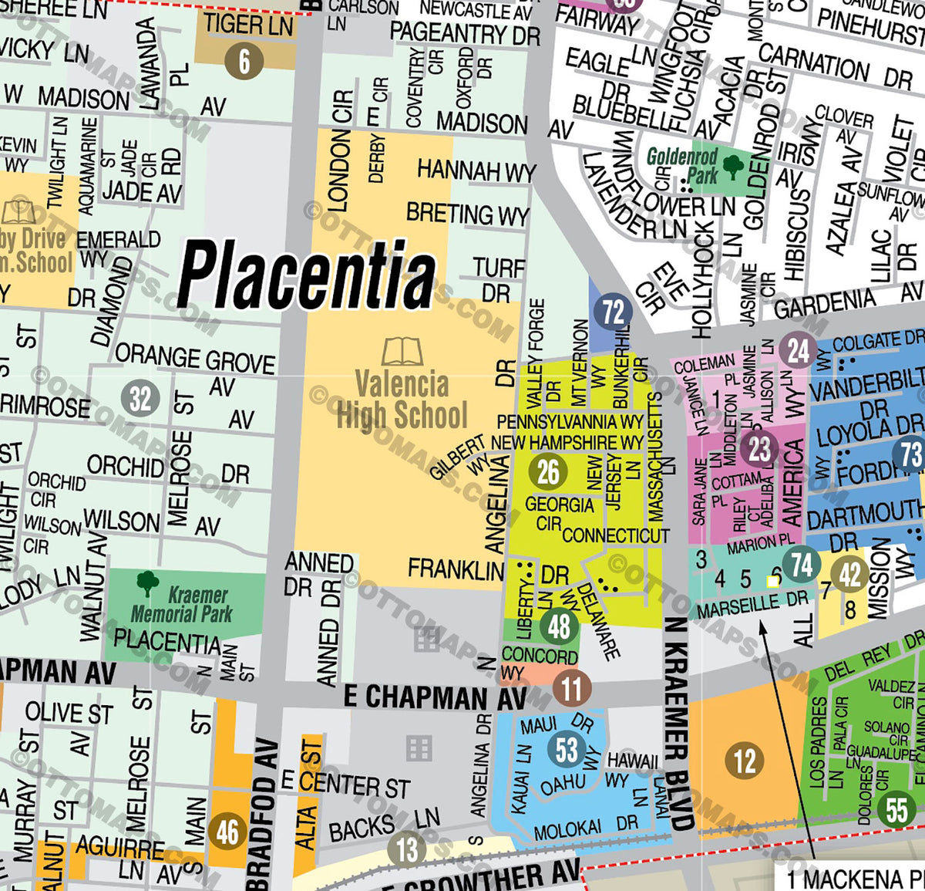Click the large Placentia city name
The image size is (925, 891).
[306, 275]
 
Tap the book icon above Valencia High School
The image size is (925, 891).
[402, 352]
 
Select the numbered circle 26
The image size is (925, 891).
[548, 471]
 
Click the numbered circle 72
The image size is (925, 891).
[613, 312]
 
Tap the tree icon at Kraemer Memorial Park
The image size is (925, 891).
[147, 584]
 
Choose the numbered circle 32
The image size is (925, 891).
[140, 399]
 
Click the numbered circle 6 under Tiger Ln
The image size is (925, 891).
[244, 61]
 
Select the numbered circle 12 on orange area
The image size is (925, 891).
[744, 761]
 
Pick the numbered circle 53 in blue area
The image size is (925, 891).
[567, 749]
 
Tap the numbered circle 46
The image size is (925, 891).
[227, 832]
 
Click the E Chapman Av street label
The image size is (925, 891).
[435, 697]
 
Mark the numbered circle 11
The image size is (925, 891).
[571, 688]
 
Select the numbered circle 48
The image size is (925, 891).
[560, 626]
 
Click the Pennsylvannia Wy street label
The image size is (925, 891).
[570, 422]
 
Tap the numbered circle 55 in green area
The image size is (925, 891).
[896, 810]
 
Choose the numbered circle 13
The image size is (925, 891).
[407, 849]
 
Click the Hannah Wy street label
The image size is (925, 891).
[476, 170]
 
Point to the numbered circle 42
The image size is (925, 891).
[849, 575]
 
